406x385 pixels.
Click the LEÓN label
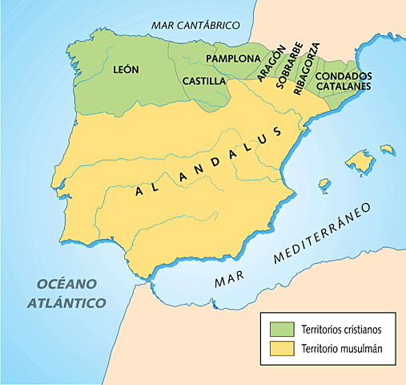[x=127, y=70]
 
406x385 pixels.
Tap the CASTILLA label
[x=203, y=81]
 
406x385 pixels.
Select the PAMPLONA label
[x=233, y=59]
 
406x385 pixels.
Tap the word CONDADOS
[x=342, y=76]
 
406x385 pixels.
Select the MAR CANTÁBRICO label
[x=195, y=25]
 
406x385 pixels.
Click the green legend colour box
[x=281, y=328]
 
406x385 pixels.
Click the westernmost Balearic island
[x=324, y=185]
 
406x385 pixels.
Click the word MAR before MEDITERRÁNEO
[x=230, y=280]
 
